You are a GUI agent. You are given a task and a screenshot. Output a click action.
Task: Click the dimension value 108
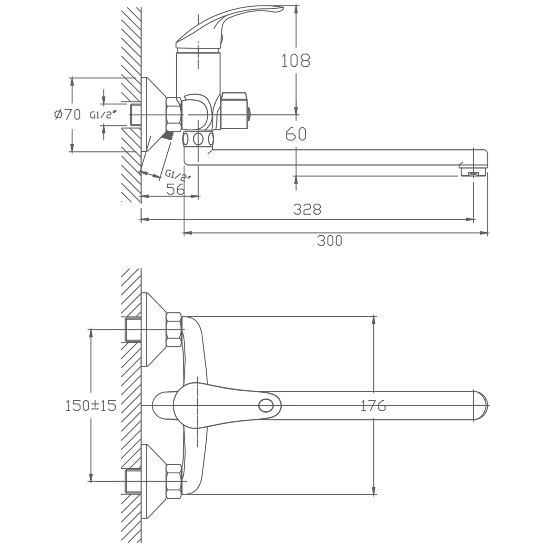click(296, 60)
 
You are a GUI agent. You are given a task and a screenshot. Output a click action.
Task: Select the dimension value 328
click(307, 209)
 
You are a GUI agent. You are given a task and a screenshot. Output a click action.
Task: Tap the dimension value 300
click(330, 241)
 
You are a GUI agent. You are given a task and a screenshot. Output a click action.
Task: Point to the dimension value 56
click(175, 189)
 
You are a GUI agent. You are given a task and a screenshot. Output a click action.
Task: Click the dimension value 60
click(296, 134)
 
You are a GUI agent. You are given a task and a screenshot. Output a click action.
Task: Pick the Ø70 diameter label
click(67, 114)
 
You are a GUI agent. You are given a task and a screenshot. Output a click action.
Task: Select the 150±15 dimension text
click(91, 405)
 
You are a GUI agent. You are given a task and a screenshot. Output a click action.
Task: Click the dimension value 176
click(374, 406)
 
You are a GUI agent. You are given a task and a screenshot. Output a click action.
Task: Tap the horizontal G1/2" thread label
click(103, 115)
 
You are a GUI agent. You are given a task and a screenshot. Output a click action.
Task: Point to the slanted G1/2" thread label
click(178, 175)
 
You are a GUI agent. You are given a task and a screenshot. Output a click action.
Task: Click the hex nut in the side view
click(174, 114)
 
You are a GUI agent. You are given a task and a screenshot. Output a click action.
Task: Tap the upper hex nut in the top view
click(174, 330)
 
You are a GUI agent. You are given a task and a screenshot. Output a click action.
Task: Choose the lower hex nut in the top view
click(174, 481)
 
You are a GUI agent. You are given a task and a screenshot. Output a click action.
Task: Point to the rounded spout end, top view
click(481, 406)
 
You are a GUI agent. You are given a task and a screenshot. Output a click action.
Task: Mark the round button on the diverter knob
click(249, 114)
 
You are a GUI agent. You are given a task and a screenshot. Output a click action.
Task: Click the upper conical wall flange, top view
click(153, 330)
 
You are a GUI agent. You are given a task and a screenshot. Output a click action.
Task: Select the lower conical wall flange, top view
click(153, 481)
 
